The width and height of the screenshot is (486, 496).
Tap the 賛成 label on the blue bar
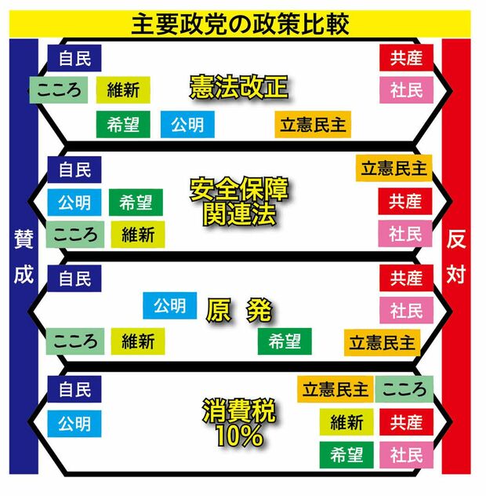pos(24,257)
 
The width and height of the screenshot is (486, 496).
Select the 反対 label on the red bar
pos(457,257)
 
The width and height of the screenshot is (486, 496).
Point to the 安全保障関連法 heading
pos(239,201)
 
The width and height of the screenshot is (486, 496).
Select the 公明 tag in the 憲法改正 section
pos(187,124)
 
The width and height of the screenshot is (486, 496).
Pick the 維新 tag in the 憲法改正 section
pos(123,89)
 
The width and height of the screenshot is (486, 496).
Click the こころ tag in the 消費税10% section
pos(404,389)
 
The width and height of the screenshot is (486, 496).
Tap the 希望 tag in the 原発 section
pos(285,341)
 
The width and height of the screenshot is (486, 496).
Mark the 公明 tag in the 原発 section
pos(169,305)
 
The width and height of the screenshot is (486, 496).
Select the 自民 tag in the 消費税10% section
pos(74,388)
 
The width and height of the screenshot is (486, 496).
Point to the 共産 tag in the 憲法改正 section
pos(406,57)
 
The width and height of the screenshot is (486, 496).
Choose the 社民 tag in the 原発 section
pos(406,309)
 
